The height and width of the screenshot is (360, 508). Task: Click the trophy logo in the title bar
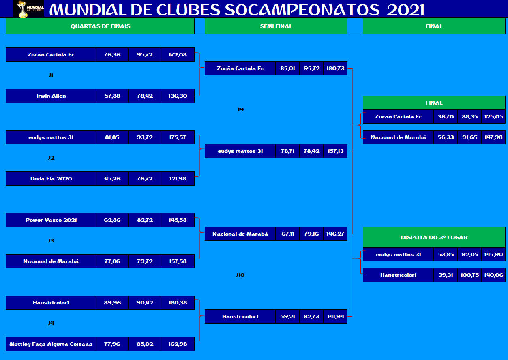[x=28, y=9]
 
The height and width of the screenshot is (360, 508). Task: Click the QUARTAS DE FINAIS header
[x=100, y=26]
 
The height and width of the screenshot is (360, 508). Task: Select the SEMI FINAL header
[x=276, y=26]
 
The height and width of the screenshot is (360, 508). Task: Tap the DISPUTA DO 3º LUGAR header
[x=434, y=237]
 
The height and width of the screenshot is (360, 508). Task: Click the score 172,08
[x=178, y=55]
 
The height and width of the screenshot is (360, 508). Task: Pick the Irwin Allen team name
[x=51, y=96]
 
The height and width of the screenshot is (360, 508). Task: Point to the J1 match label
[x=51, y=75]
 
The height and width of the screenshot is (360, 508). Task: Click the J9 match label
[x=240, y=110]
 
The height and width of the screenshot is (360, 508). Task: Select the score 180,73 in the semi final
[x=335, y=68]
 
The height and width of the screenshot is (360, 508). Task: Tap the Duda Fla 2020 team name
[x=51, y=178]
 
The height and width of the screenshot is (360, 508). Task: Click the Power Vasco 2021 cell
[x=51, y=220]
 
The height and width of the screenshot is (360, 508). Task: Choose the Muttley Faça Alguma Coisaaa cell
[x=51, y=344]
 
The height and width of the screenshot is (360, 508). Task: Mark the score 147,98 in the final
[x=493, y=137]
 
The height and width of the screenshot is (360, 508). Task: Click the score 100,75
[x=469, y=275]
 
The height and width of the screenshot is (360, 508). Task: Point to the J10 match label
[x=240, y=275]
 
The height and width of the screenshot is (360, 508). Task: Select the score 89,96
[x=112, y=302]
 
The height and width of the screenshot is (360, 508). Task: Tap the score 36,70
[x=446, y=117]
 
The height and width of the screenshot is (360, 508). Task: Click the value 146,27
[x=335, y=234]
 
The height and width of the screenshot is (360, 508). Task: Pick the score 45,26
[x=112, y=178]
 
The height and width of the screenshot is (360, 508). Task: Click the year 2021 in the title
[x=405, y=10]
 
